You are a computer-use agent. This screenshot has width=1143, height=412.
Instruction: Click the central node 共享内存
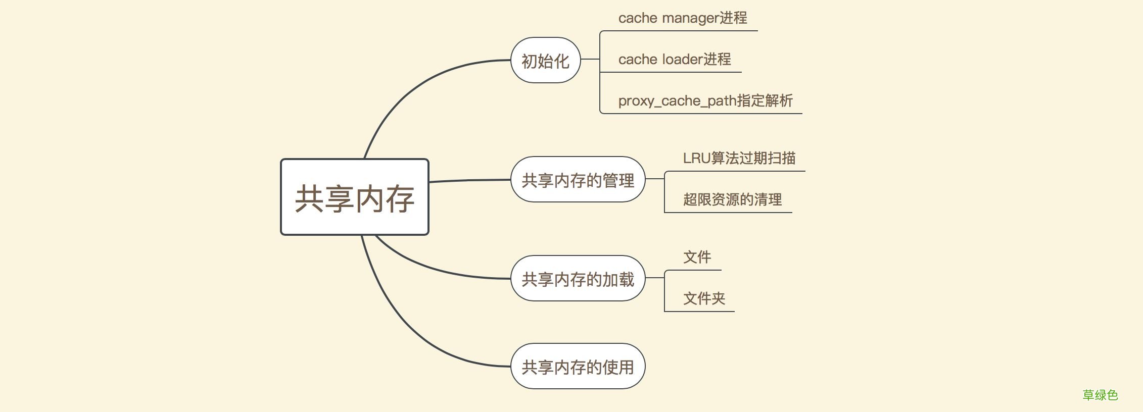click(355, 197)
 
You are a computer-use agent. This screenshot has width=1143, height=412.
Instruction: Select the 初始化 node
click(545, 61)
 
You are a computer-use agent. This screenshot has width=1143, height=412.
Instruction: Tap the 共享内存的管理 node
click(578, 180)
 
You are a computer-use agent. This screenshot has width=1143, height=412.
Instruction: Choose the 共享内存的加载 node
click(578, 279)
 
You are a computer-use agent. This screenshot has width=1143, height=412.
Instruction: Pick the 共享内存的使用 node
click(578, 367)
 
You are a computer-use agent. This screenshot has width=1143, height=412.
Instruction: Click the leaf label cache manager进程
click(682, 18)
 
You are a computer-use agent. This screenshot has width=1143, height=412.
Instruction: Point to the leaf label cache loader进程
click(675, 60)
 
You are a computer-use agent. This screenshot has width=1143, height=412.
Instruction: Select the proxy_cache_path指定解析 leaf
click(705, 101)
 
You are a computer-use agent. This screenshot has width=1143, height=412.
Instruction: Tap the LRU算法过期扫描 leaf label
click(739, 159)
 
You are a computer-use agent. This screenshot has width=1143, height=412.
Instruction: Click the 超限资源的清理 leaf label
click(732, 200)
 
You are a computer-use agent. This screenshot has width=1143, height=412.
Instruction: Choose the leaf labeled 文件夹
click(704, 299)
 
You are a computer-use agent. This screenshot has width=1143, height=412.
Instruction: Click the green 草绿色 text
click(1100, 395)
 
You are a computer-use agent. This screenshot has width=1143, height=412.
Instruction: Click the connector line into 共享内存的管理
click(470, 180)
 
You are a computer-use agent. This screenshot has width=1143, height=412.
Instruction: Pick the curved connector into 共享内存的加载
click(435, 270)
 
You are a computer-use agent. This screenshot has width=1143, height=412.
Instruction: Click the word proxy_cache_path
click(677, 101)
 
